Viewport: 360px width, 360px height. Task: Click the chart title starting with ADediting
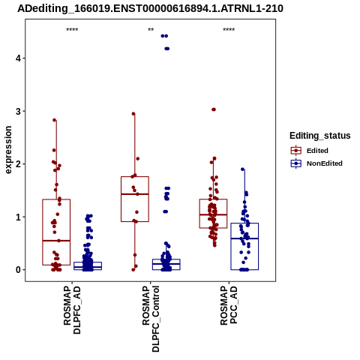click(150, 8)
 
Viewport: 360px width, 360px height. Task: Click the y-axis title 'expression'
click(8, 150)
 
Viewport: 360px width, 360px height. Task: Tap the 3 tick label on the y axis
click(19, 111)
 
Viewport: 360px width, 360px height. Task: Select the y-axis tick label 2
click(19, 164)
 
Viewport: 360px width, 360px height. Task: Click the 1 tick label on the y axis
click(19, 217)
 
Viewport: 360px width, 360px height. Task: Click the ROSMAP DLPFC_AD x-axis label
click(72, 310)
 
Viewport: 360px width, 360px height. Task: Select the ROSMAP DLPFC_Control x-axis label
click(151, 319)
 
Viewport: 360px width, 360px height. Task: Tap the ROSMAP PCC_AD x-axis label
click(229, 305)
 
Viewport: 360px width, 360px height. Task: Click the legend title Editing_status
click(320, 136)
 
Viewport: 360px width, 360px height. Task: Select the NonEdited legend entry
click(316, 163)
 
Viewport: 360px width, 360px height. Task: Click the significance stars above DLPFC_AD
click(72, 30)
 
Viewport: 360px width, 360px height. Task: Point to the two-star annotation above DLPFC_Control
click(151, 30)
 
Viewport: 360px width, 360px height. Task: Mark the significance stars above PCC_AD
click(229, 30)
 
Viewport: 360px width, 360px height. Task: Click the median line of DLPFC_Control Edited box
click(135, 194)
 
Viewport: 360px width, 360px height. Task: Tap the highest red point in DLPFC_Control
click(133, 114)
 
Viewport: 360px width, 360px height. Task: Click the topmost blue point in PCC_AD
click(242, 169)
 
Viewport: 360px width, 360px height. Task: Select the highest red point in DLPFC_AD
click(55, 120)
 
